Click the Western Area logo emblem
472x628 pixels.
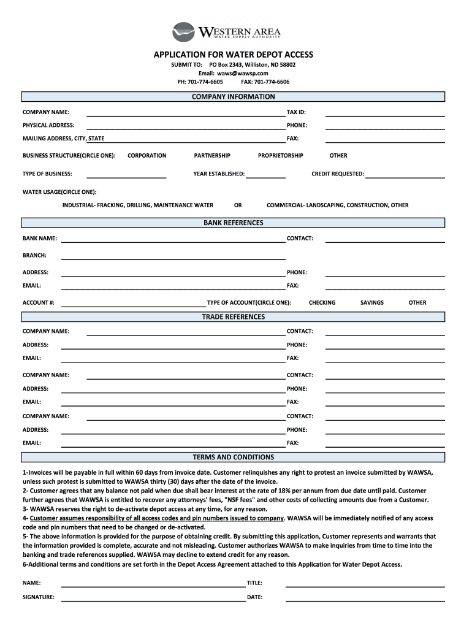[x=183, y=32]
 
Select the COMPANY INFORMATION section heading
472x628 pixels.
[x=234, y=97]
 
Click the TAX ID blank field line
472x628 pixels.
[x=384, y=114]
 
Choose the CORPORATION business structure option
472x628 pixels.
[x=147, y=156]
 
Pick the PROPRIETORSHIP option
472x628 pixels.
[x=280, y=156]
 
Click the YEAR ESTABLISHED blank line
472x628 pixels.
[x=265, y=177]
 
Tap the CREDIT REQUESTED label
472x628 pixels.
[x=338, y=174]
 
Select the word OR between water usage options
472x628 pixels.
[x=238, y=205]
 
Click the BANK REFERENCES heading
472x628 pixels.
[x=234, y=223]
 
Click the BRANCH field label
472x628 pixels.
[x=34, y=255]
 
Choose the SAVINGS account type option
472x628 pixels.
[x=372, y=303]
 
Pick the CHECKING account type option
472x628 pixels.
[x=322, y=303]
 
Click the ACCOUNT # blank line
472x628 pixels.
[x=134, y=305]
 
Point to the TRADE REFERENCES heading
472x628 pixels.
[x=234, y=317]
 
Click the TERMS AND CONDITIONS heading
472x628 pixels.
[x=234, y=458]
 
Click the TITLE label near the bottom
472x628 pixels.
[x=254, y=583]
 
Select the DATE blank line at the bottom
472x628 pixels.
[x=365, y=600]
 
